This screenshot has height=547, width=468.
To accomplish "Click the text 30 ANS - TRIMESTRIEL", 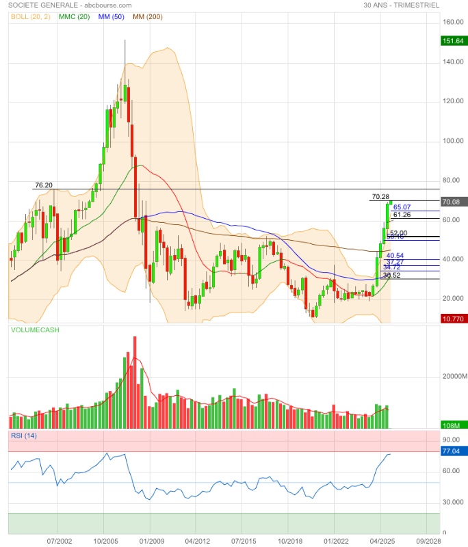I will pyautogui.click(x=402, y=5).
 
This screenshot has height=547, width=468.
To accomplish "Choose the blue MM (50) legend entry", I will pyautogui.click(x=112, y=16).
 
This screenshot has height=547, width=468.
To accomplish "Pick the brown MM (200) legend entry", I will pyautogui.click(x=147, y=16).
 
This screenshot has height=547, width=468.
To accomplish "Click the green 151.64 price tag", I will pyautogui.click(x=453, y=41).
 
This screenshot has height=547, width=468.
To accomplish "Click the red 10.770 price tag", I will pyautogui.click(x=453, y=319).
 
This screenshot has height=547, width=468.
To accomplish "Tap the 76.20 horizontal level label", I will pyautogui.click(x=44, y=185).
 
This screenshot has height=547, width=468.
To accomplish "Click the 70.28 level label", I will pyautogui.click(x=380, y=197).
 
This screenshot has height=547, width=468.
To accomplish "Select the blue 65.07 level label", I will pyautogui.click(x=402, y=207).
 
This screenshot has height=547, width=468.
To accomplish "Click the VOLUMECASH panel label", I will pyautogui.click(x=35, y=330).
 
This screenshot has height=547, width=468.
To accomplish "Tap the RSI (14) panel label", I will pyautogui.click(x=24, y=436).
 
